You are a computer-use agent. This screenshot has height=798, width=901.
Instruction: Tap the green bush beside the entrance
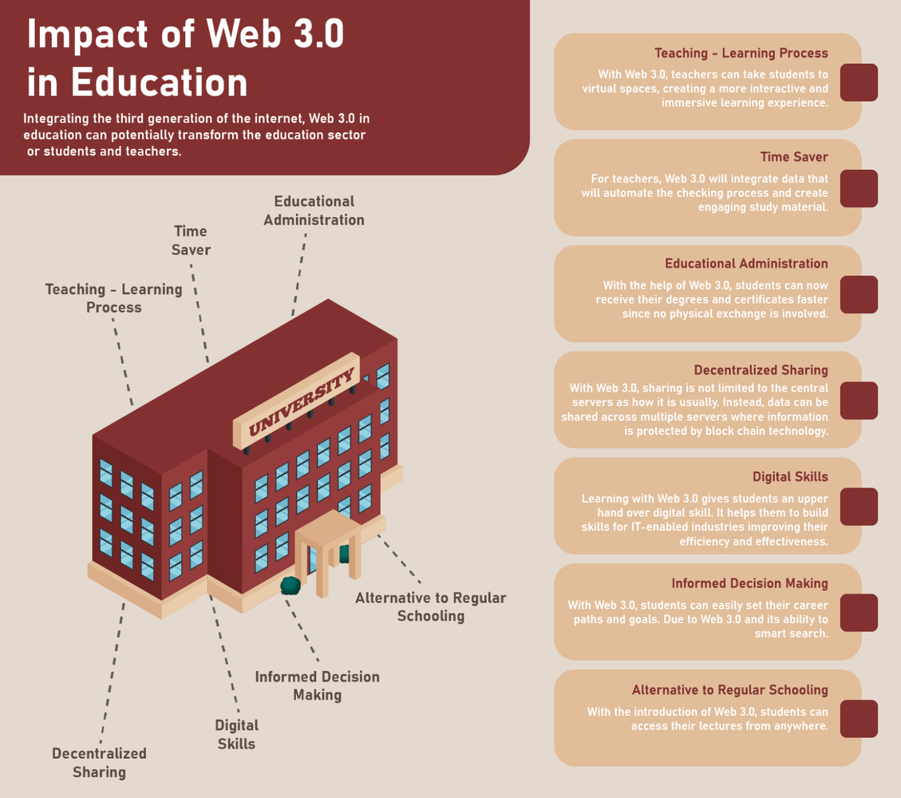point(290,585)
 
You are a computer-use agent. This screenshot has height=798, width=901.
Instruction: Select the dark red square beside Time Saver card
point(859,188)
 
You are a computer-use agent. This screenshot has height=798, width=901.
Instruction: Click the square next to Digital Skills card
point(859,507)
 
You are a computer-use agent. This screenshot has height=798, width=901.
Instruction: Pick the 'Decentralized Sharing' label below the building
point(100,762)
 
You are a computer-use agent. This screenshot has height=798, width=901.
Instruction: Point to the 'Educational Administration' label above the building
point(314,211)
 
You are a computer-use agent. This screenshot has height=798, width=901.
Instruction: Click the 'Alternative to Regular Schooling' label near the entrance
point(431,606)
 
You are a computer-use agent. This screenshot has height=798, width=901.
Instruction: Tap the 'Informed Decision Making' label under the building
point(317,685)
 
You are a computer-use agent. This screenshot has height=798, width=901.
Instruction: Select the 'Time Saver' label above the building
point(191,240)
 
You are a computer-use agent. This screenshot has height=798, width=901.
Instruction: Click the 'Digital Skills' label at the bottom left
point(236,734)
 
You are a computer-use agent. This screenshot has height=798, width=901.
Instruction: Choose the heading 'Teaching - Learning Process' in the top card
point(741,53)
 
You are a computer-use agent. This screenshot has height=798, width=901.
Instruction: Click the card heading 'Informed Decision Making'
point(749,583)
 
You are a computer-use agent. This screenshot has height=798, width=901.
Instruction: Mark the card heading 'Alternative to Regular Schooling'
point(729,689)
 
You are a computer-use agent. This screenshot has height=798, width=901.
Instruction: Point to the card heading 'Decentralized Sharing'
point(761,370)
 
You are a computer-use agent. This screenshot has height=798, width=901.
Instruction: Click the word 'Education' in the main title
point(160,82)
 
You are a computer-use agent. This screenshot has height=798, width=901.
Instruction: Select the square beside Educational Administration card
point(859,294)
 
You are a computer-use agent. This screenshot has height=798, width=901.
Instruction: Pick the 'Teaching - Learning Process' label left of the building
point(113,298)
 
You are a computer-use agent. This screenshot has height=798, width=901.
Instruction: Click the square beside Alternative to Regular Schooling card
point(859,719)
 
